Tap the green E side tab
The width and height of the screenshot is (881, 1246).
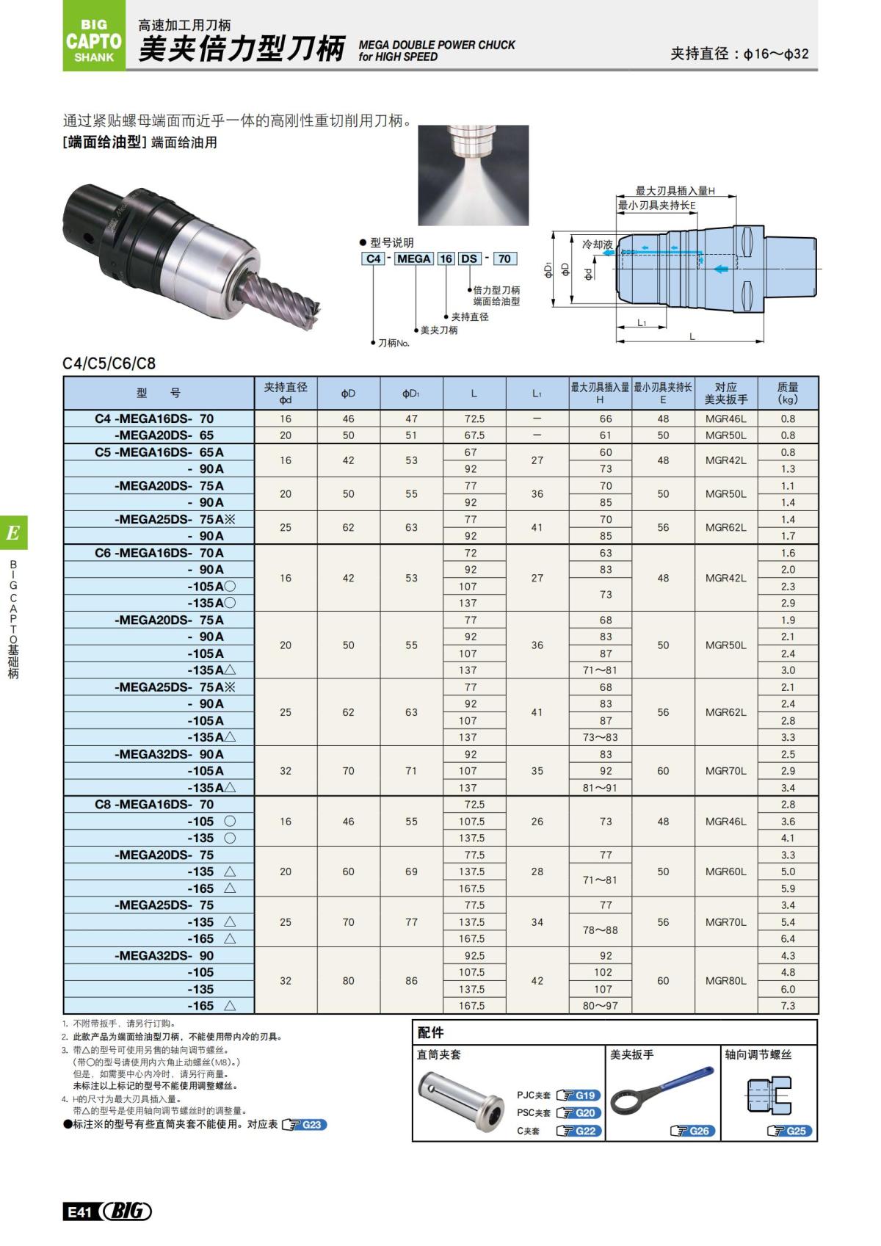tap(13, 533)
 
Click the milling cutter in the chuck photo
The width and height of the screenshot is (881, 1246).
tap(277, 297)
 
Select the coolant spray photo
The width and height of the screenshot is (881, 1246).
tap(473, 175)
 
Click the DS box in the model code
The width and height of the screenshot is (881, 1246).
tap(469, 258)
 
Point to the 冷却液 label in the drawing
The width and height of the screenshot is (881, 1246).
tap(597, 244)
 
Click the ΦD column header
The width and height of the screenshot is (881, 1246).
tap(348, 394)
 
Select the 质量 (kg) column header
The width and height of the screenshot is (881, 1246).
tap(788, 394)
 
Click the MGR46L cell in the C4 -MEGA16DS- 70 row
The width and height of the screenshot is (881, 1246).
tap(725, 419)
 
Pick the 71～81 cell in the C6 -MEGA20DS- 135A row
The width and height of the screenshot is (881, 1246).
tap(600, 670)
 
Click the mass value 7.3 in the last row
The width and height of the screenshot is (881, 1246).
tap(788, 1006)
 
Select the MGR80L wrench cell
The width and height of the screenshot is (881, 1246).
tap(725, 981)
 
